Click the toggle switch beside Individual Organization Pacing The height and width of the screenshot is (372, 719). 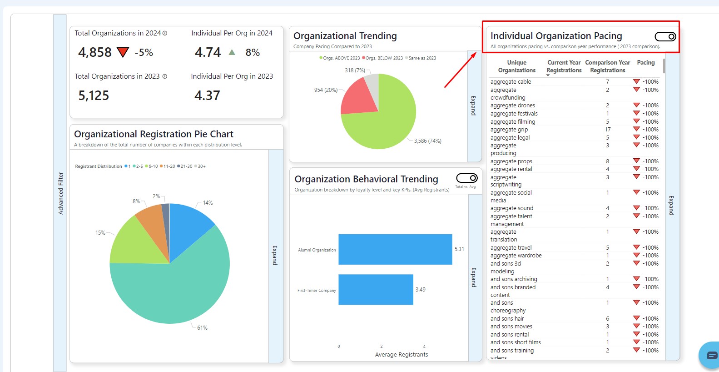pyautogui.click(x=665, y=36)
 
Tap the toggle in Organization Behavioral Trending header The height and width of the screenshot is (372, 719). pyautogui.click(x=466, y=178)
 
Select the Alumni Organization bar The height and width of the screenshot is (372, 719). pyautogui.click(x=395, y=249)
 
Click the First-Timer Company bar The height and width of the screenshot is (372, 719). pyautogui.click(x=376, y=290)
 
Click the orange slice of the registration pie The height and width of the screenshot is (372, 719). pyautogui.click(x=150, y=216)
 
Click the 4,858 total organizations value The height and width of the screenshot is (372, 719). pyautogui.click(x=95, y=53)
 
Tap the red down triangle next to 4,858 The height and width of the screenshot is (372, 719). pyautogui.click(x=123, y=52)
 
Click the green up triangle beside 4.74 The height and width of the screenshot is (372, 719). pyautogui.click(x=232, y=52)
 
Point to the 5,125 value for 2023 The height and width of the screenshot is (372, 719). pyautogui.click(x=94, y=96)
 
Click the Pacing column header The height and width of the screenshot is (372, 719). pyautogui.click(x=645, y=63)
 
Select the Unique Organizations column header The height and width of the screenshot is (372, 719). pyautogui.click(x=516, y=66)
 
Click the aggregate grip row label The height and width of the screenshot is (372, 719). pyautogui.click(x=509, y=130)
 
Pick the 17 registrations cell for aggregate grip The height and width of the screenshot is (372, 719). pyautogui.click(x=607, y=130)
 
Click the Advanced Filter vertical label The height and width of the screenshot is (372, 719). pyautogui.click(x=60, y=193)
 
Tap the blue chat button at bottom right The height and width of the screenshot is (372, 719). pyautogui.click(x=711, y=355)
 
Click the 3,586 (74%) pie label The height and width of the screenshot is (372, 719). pyautogui.click(x=427, y=141)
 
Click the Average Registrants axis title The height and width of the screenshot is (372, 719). pyautogui.click(x=402, y=355)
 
